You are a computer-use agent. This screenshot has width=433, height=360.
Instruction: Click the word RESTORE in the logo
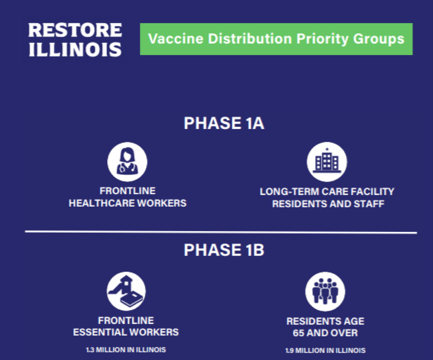pyautogui.click(x=75, y=30)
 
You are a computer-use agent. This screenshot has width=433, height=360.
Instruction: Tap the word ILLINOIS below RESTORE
pyautogui.click(x=75, y=50)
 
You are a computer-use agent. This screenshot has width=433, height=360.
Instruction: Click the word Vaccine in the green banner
pyautogui.click(x=176, y=39)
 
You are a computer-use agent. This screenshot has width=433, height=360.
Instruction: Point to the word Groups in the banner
pyautogui.click(x=379, y=39)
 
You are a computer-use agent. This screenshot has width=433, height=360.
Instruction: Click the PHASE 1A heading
pyautogui.click(x=224, y=123)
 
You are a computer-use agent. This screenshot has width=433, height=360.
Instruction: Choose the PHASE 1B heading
pyautogui.click(x=224, y=250)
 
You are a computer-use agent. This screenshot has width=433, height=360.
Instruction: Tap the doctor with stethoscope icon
pyautogui.click(x=127, y=162)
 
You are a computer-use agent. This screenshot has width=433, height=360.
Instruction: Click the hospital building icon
pyautogui.click(x=327, y=162)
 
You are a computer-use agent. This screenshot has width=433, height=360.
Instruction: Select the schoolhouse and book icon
pyautogui.click(x=126, y=291)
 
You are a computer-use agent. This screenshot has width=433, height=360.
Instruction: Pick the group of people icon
pyautogui.click(x=325, y=291)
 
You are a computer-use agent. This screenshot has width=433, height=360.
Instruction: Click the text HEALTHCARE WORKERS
pyautogui.click(x=128, y=203)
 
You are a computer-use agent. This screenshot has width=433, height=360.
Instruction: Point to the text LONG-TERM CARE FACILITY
pyautogui.click(x=327, y=192)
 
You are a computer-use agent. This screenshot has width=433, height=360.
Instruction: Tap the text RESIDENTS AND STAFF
pyautogui.click(x=328, y=204)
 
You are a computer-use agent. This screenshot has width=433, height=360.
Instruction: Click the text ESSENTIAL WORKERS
pyautogui.click(x=126, y=332)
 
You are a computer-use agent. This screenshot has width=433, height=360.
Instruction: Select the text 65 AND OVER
pyautogui.click(x=325, y=333)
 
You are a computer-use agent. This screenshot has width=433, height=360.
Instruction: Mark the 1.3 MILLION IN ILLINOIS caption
pyautogui.click(x=126, y=350)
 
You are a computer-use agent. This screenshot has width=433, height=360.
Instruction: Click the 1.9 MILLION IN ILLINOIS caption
pyautogui.click(x=325, y=351)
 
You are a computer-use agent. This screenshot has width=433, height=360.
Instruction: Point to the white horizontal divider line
pyautogui.click(x=221, y=232)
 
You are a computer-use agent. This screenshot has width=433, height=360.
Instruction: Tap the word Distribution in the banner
pyautogui.click(x=250, y=39)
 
